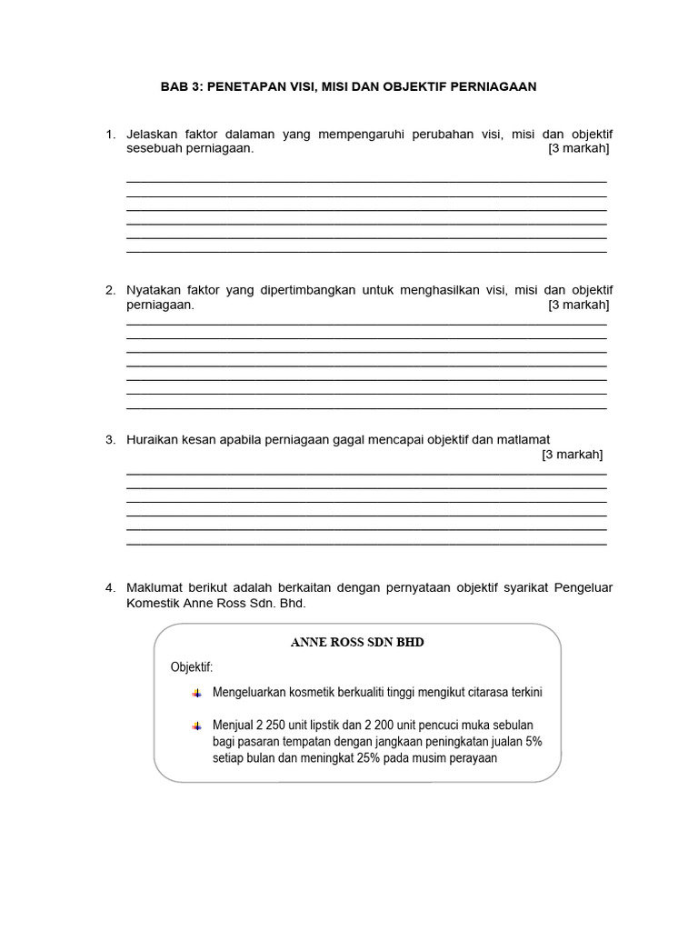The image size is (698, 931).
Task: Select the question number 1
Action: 110,135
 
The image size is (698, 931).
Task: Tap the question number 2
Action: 110,290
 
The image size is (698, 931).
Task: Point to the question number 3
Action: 110,439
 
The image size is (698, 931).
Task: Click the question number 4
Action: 110,588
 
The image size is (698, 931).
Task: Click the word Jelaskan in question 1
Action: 150,135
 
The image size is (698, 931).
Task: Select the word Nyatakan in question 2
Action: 153,290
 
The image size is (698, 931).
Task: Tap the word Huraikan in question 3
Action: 152,439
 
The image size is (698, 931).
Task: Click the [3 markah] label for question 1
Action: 578,149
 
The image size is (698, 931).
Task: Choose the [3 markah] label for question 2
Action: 578,305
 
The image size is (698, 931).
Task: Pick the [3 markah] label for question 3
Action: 572,454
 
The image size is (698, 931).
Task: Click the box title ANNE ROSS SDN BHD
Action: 357,642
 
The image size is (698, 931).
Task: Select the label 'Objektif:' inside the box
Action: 191,667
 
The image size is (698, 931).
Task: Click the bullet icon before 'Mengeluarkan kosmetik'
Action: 196,693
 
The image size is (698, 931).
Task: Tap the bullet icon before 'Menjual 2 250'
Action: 196,726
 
